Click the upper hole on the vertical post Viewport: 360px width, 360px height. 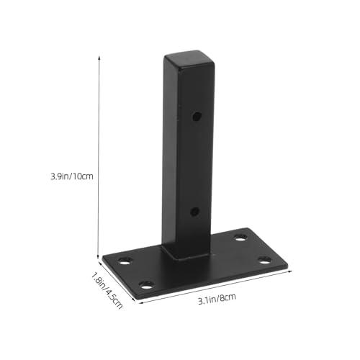point(197,116)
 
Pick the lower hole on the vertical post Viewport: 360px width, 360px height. point(195,212)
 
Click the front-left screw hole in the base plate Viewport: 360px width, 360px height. point(146,284)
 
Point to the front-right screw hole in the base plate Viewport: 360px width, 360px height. point(264,258)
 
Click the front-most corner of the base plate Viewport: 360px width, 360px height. point(140,295)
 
